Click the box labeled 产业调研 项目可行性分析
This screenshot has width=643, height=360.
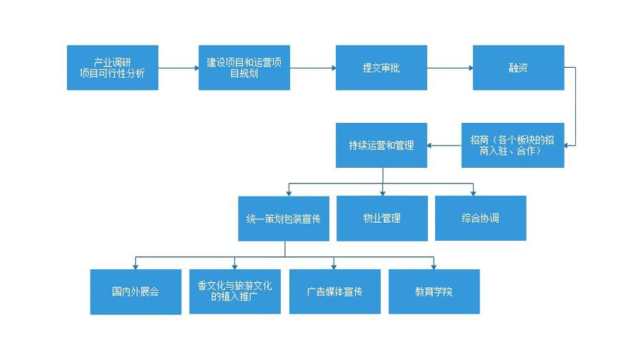[112, 68]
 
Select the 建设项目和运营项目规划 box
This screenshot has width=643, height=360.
[244, 68]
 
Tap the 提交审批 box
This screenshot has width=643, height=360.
[382, 68]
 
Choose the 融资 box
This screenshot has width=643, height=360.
[518, 68]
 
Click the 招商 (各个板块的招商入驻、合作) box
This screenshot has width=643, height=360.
[512, 145]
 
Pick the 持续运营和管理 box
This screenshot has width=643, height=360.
[382, 145]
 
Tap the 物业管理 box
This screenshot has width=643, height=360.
[382, 218]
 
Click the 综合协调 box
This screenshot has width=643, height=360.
[480, 218]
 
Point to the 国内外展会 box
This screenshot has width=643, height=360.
[135, 291]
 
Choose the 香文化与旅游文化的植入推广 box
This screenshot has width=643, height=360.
[235, 291]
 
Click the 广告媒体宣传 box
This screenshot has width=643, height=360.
[334, 291]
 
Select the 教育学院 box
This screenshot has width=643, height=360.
[434, 291]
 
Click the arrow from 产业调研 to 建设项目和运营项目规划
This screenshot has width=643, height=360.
[178, 68]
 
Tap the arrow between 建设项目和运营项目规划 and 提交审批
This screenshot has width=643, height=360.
[313, 68]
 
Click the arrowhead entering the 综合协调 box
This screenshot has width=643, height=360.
[473, 193]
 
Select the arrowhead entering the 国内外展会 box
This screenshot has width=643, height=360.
[135, 266]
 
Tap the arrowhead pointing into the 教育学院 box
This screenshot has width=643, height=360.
[433, 266]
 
